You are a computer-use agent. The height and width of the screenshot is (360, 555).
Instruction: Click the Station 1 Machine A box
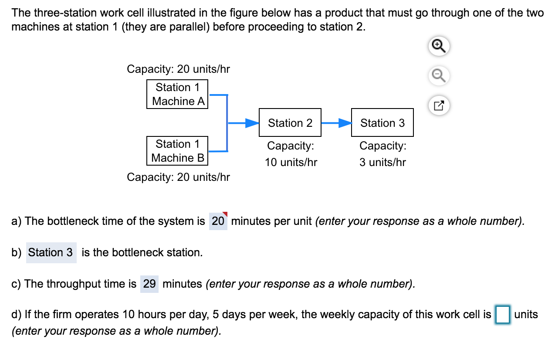tap(177, 94)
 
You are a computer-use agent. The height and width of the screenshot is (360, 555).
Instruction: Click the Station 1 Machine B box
tap(177, 151)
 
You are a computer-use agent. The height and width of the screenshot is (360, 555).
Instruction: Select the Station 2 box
tap(290, 123)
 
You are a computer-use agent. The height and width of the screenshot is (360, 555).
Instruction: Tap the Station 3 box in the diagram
tap(382, 123)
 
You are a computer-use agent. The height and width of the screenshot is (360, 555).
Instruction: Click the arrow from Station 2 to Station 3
tap(336, 123)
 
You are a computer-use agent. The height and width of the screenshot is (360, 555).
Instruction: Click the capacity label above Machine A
tap(178, 69)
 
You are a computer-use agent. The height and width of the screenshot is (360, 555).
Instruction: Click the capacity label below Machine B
tap(178, 177)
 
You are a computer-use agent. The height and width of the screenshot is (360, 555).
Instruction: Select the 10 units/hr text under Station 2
tap(291, 163)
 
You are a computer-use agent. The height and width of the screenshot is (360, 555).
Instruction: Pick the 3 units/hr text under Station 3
tap(382, 163)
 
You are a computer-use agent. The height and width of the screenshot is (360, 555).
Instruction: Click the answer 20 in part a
tap(218, 221)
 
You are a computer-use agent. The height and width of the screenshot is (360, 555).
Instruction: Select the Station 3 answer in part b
tap(51, 252)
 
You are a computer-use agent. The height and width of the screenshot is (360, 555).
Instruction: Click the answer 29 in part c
tap(149, 284)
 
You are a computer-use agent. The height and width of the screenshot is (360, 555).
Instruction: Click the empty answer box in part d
tap(503, 315)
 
